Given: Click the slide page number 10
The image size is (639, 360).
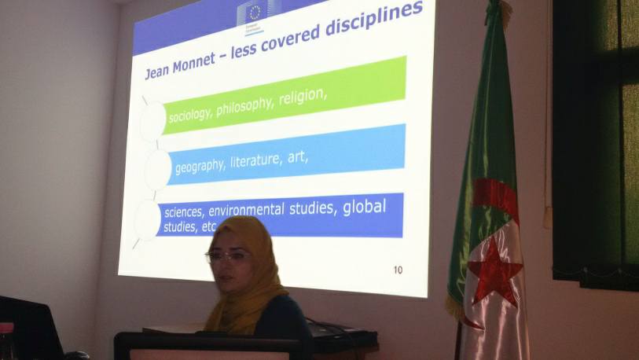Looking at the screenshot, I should tap(398, 270).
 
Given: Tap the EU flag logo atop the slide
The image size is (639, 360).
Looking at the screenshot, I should tap(255, 13).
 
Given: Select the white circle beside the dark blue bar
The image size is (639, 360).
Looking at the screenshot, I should tap(147, 219).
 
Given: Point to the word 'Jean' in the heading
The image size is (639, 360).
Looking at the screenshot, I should tap(160, 72).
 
